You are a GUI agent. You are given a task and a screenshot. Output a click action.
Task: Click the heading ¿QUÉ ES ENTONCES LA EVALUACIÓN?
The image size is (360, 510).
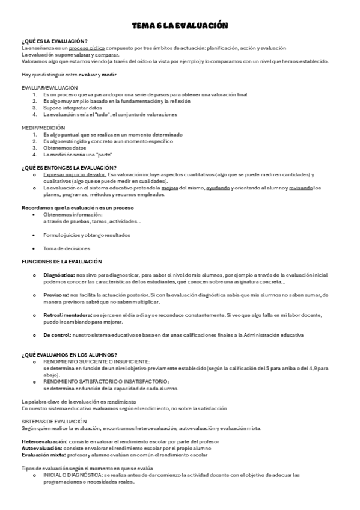click(69, 168)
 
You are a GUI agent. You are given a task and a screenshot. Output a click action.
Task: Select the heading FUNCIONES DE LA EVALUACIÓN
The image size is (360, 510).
click(62, 262)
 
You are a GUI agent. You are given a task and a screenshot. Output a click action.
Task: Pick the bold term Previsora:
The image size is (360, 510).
click(56, 295)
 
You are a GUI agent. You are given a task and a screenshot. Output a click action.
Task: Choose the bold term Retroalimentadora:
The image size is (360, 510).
click(67, 315)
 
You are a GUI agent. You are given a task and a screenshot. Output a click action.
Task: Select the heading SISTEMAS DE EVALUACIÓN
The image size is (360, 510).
click(54, 422)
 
